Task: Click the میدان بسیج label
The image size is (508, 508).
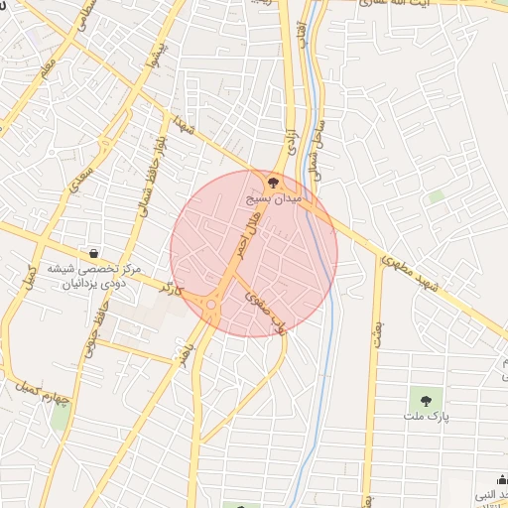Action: click(274, 199)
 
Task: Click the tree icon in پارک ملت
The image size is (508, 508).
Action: click(426, 401)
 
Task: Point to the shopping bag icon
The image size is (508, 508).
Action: click(93, 253)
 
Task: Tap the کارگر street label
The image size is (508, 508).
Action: click(173, 290)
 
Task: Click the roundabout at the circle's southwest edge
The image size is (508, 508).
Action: click(211, 308)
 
